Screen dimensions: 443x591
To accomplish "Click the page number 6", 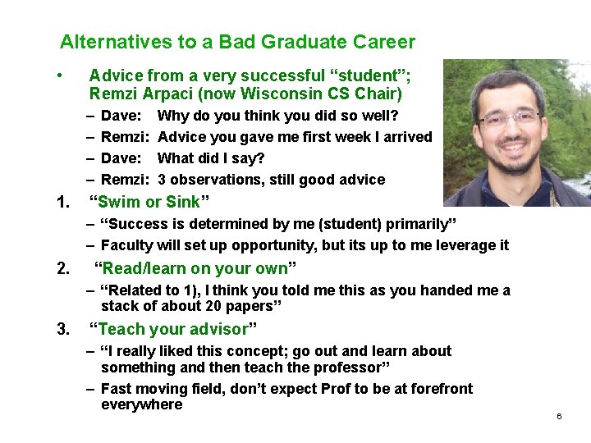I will (559, 417).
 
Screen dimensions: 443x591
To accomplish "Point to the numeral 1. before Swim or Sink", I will (63, 202).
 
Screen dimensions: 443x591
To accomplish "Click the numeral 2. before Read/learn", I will (63, 268).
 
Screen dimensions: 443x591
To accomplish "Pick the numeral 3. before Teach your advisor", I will (63, 329).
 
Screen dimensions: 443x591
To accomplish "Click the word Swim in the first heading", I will (118, 202).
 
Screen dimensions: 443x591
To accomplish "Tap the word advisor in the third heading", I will (222, 329).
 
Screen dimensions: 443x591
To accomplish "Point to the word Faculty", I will (128, 245).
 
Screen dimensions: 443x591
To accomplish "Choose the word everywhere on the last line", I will (141, 404).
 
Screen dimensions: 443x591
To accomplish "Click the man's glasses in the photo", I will (508, 116).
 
